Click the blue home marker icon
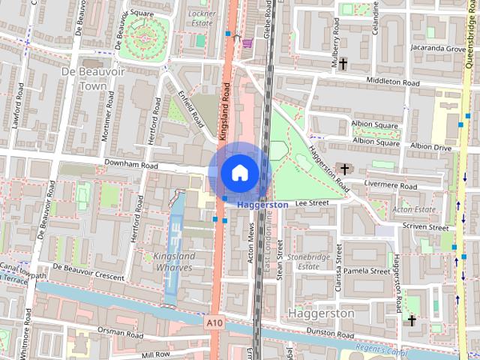point(238,172)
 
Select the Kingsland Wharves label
point(175,262)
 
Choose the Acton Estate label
point(414,210)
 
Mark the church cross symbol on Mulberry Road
point(343,64)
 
